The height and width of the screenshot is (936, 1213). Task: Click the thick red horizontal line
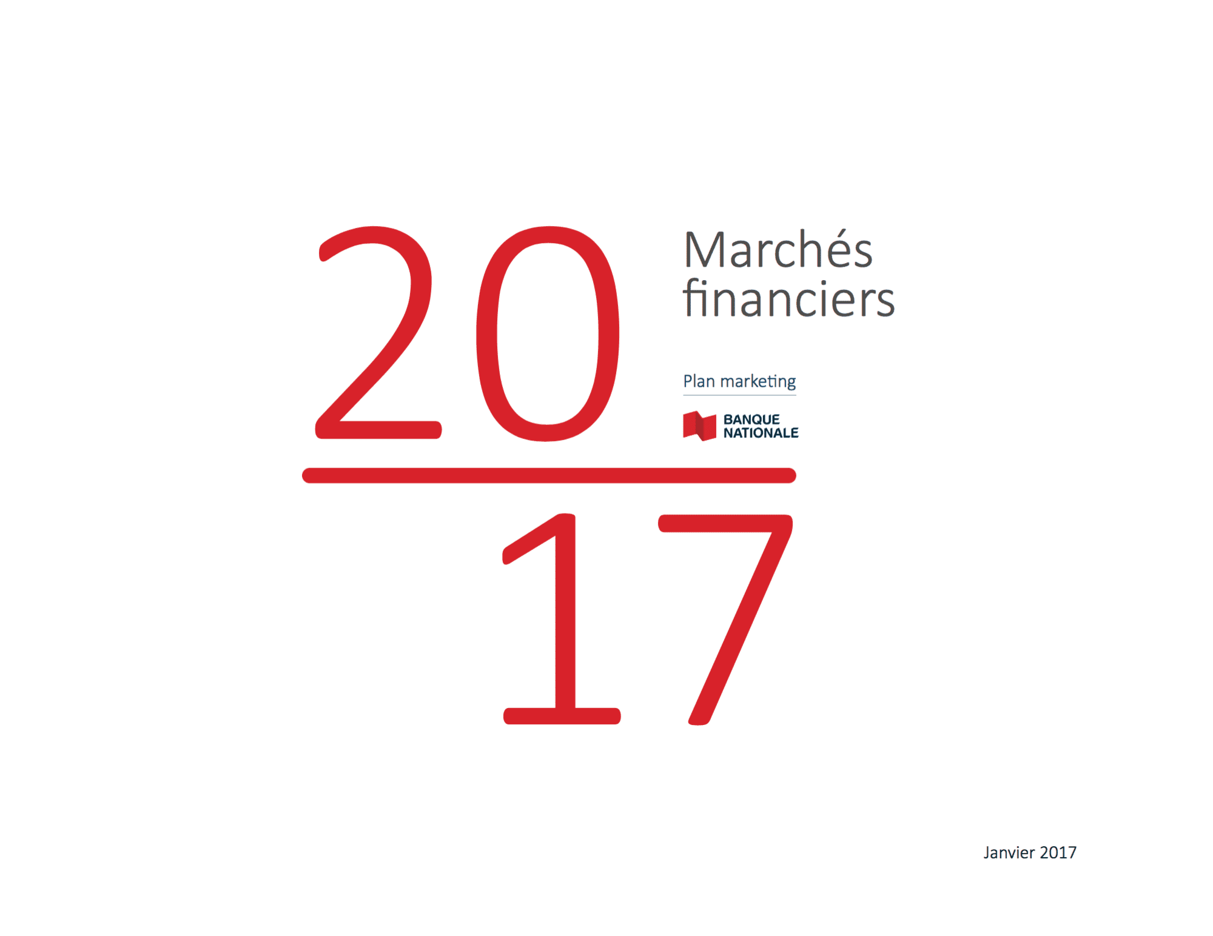click(x=549, y=475)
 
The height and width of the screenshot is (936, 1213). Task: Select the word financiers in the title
click(x=788, y=298)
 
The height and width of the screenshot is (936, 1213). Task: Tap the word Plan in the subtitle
click(x=699, y=381)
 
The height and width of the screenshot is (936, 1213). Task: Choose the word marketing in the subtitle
click(x=758, y=381)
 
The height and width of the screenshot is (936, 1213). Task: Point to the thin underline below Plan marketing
click(x=739, y=395)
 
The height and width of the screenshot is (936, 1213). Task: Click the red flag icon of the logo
click(x=699, y=426)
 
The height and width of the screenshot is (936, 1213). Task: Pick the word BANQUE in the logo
click(x=751, y=420)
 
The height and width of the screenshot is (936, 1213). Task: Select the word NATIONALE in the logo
click(x=761, y=433)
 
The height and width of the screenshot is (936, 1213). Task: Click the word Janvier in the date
click(x=1009, y=853)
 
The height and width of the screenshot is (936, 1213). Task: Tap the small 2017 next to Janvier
click(x=1058, y=852)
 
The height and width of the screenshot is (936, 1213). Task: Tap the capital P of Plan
click(x=688, y=381)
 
